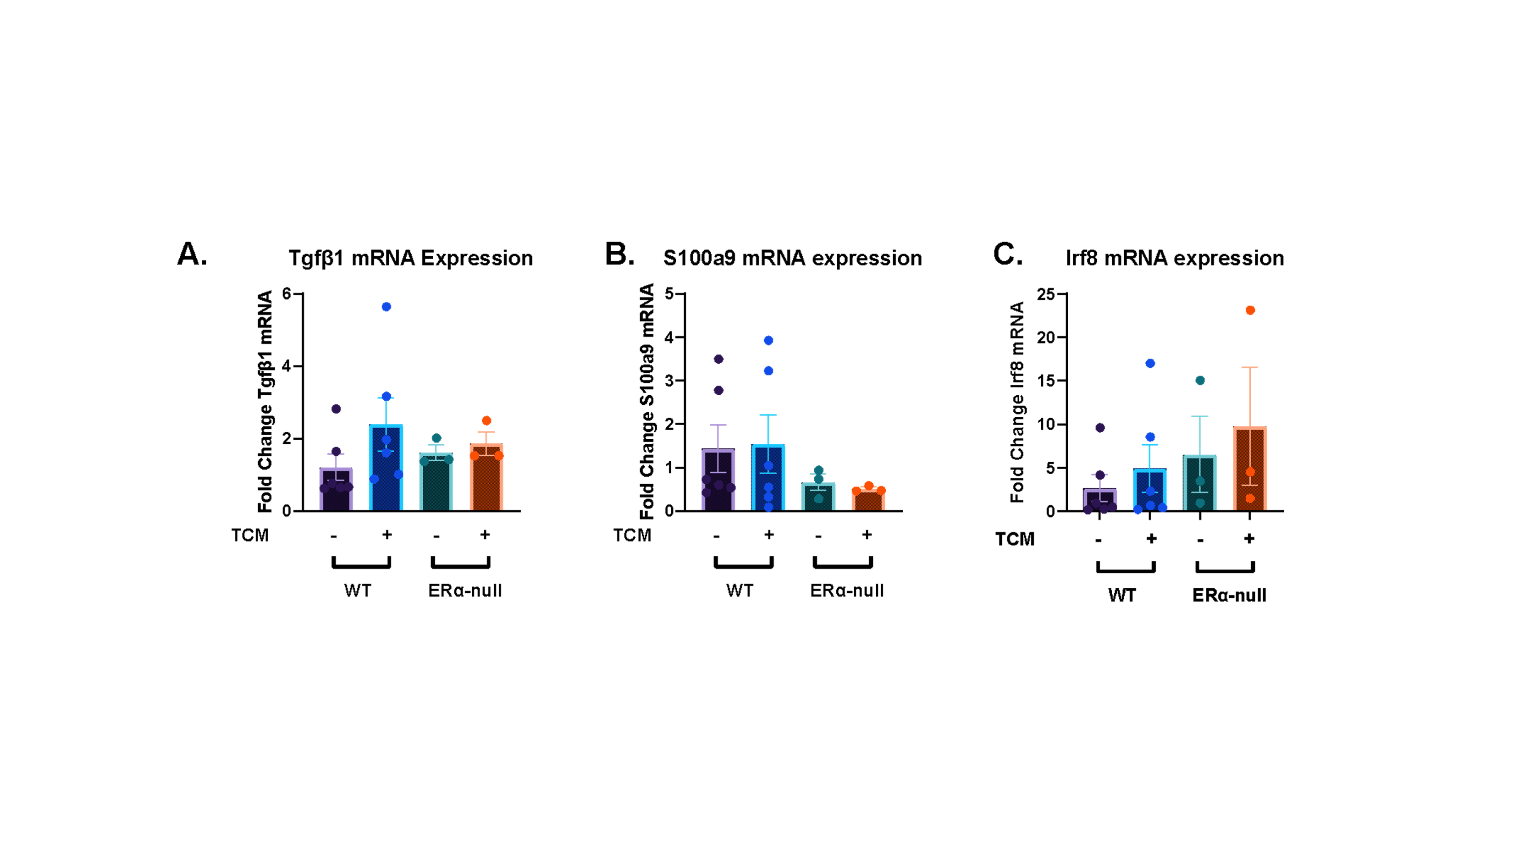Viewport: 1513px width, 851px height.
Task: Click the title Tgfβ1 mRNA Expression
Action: pos(410,259)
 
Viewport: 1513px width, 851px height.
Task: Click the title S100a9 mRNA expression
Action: pos(792,259)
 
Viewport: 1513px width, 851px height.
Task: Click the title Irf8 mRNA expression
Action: pos(1175,259)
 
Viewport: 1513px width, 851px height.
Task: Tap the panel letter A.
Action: pos(192,254)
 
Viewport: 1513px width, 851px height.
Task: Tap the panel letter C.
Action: pos(1007,254)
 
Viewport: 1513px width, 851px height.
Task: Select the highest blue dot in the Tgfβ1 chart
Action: pos(387,307)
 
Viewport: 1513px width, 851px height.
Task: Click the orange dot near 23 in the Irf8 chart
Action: pos(1250,310)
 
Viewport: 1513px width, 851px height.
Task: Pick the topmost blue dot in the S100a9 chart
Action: pos(768,340)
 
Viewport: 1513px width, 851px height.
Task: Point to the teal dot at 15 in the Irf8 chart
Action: pos(1200,381)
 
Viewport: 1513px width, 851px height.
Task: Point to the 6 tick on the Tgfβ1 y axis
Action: pos(287,293)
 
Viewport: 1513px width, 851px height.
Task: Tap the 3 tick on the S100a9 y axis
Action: pos(669,381)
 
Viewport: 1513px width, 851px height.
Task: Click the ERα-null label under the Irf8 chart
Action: pos(1229,596)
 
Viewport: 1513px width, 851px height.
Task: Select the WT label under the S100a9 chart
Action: pos(740,590)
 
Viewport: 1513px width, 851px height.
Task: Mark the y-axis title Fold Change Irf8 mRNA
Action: pos(1017,402)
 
